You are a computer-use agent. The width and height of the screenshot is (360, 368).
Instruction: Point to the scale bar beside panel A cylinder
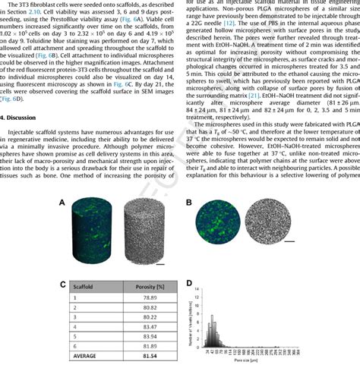click(160, 264)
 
